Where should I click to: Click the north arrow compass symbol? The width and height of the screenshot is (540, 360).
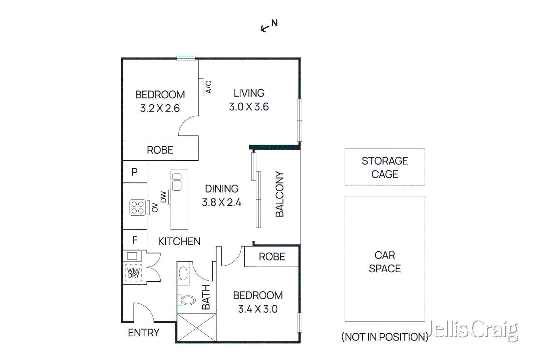(x=269, y=26)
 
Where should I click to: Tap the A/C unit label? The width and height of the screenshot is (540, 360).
(x=209, y=87)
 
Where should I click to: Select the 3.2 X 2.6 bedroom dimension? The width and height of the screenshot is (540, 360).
(x=160, y=108)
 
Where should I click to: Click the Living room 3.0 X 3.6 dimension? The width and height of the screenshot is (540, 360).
(x=249, y=107)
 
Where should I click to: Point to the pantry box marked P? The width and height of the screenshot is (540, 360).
(x=135, y=172)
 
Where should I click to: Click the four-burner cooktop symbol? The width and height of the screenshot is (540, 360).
(x=138, y=207)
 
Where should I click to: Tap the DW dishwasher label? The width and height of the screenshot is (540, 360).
(x=163, y=197)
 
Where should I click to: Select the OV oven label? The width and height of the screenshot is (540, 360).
(x=155, y=207)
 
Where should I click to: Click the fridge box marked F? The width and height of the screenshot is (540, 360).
(x=135, y=240)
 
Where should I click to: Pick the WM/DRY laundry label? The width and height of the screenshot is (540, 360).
(x=134, y=273)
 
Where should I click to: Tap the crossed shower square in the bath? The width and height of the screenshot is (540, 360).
(x=196, y=327)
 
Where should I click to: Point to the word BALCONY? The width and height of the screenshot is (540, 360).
(x=280, y=194)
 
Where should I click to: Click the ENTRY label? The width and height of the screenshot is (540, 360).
(x=143, y=333)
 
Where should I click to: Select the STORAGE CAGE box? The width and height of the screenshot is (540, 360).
(x=385, y=167)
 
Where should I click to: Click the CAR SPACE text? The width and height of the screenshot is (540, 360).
(x=385, y=262)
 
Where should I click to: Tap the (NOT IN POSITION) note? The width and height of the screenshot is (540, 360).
(x=384, y=337)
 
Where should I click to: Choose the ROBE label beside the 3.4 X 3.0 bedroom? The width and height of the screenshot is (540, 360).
(x=272, y=257)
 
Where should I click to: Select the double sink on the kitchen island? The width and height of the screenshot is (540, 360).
(x=177, y=182)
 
